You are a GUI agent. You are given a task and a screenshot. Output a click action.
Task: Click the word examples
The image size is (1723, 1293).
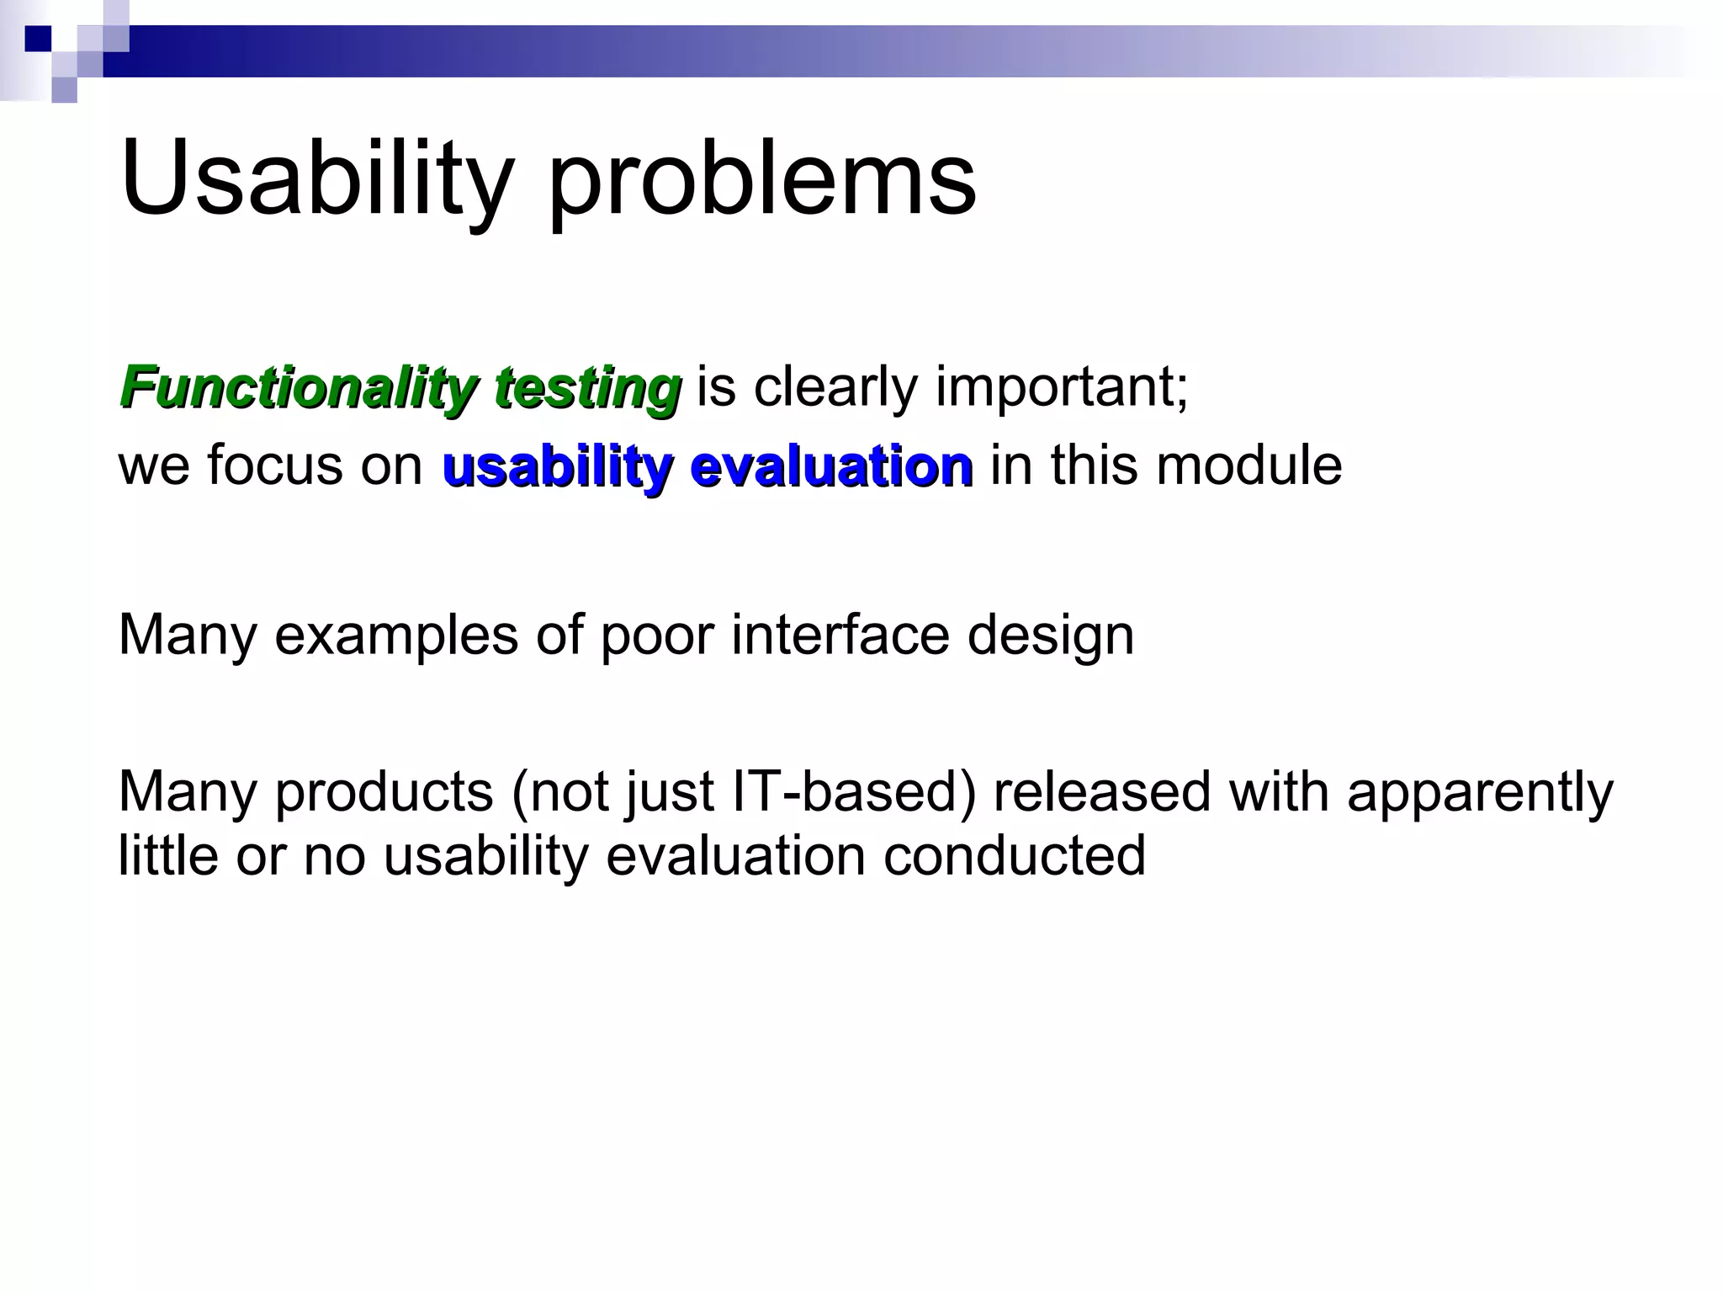pyautogui.click(x=396, y=636)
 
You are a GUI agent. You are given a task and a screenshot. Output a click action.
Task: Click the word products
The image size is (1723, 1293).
pyautogui.click(x=384, y=793)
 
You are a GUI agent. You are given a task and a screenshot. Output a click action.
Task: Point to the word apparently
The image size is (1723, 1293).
pyautogui.click(x=1480, y=793)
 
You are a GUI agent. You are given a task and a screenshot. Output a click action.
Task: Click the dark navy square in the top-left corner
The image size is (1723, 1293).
pyautogui.click(x=38, y=39)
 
